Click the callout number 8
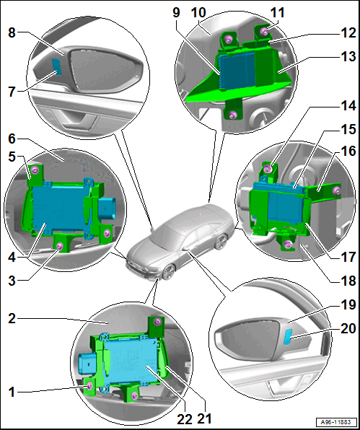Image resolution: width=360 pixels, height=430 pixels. [12, 33]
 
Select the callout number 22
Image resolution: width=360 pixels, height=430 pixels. [185, 419]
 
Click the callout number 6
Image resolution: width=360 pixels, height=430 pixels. [12, 139]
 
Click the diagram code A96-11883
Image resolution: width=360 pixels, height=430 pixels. [336, 422]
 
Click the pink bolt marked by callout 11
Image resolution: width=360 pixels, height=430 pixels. [265, 31]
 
